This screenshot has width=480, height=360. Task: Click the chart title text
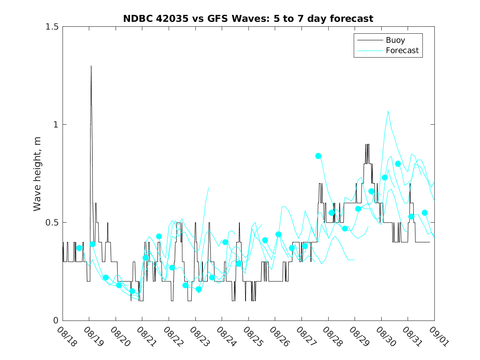click(x=248, y=19)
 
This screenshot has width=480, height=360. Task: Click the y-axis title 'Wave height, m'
click(x=37, y=174)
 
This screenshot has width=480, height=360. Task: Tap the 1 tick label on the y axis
click(x=56, y=125)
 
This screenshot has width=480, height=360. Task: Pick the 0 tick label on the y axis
click(x=56, y=321)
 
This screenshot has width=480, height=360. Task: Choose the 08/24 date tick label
click(x=225, y=337)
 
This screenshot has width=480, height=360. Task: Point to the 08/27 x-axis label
click(x=305, y=337)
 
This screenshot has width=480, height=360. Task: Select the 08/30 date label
click(x=385, y=337)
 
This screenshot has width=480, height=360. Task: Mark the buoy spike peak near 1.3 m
click(x=91, y=66)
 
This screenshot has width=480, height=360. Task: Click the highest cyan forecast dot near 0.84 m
click(x=318, y=156)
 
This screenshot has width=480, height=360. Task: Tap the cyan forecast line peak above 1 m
click(x=388, y=111)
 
